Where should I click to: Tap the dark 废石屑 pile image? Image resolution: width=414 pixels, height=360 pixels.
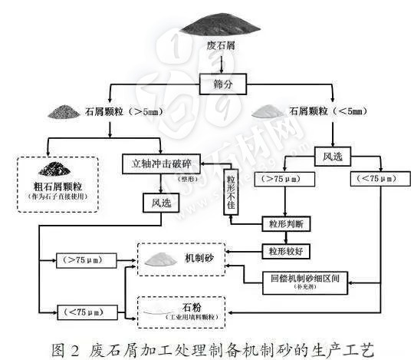click(x=219, y=27)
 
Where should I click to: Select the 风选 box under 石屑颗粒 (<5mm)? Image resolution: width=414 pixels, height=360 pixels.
click(x=333, y=158)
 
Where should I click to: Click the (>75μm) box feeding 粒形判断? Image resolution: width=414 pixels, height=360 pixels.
click(x=286, y=180)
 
